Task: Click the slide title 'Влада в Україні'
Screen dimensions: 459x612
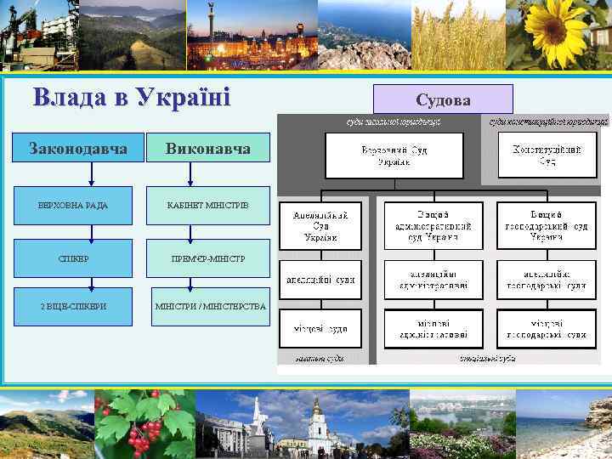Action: (132, 98)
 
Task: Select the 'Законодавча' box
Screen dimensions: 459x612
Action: (79, 148)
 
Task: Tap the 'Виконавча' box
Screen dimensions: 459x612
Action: (207, 148)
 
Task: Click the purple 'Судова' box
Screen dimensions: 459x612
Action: (443, 99)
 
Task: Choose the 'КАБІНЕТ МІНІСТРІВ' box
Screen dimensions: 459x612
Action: (207, 205)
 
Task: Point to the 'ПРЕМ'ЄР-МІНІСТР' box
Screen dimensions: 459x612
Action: (207, 258)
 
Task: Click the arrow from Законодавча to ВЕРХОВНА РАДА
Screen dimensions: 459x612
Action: (89, 174)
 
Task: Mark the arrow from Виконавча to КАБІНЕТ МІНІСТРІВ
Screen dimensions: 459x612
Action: (191, 174)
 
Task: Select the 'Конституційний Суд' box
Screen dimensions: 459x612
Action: (546, 155)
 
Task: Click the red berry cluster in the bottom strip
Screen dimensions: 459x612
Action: (140, 429)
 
